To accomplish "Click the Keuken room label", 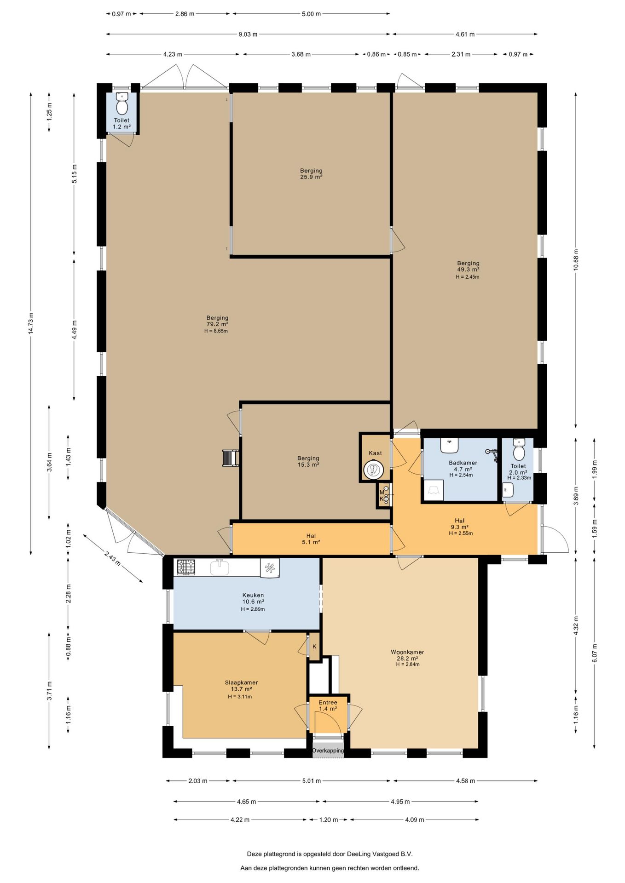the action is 253,595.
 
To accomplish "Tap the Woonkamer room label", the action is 407,652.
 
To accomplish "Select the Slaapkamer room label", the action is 241,683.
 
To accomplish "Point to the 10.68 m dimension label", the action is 576,260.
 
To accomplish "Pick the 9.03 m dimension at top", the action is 248,34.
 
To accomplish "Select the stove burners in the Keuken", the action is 186,567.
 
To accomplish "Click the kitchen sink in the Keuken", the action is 220,568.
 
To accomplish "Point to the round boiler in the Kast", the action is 373,470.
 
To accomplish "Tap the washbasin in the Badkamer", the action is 450,445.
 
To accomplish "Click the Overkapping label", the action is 328,751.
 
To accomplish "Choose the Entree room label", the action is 328,702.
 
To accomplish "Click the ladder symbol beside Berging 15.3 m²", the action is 230,458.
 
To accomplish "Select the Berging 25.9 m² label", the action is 311,174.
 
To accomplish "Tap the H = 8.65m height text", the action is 216,331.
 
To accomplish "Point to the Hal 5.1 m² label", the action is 311,539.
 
